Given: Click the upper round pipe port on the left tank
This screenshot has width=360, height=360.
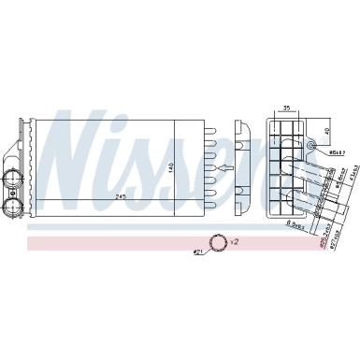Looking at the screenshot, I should tap(16, 154).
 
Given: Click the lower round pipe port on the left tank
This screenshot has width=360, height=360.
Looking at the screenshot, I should tap(16, 184).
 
